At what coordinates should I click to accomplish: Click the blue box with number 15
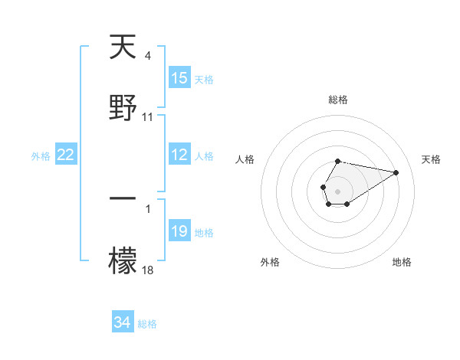point(179,78)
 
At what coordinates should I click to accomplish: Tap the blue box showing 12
point(179,155)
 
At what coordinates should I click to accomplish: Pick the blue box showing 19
point(179,231)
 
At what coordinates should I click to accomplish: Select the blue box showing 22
point(66,155)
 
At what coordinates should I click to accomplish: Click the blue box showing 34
point(123,322)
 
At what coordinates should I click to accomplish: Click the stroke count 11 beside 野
point(148,117)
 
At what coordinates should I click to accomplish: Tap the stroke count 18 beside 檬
point(148,269)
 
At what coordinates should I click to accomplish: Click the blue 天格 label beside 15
point(204,79)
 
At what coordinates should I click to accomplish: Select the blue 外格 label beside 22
point(41,155)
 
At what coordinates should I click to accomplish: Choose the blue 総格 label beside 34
point(147,323)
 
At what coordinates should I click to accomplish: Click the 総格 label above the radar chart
point(338,100)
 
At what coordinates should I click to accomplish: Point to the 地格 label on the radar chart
point(402,263)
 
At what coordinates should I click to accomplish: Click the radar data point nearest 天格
point(396,172)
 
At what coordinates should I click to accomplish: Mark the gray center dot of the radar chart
point(337,190)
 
